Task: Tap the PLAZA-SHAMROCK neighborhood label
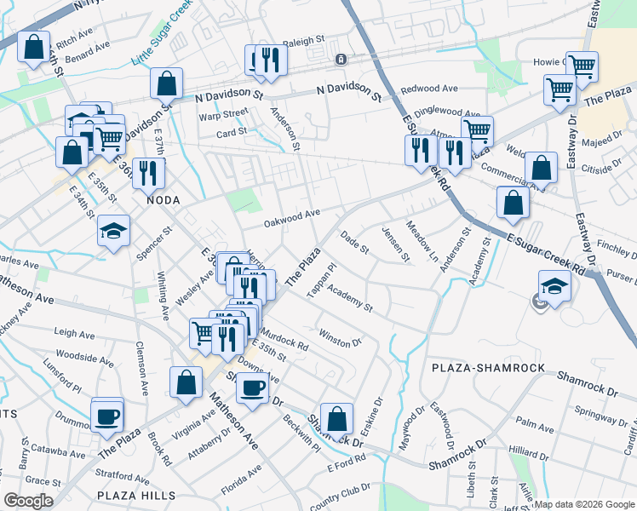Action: [487, 367]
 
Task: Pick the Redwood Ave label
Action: [429, 89]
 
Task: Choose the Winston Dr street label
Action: [340, 338]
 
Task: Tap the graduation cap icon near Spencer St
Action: [113, 231]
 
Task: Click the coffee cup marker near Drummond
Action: [107, 416]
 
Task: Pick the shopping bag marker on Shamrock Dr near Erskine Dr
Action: [337, 417]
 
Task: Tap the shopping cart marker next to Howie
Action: [582, 66]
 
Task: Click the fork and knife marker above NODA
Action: [149, 173]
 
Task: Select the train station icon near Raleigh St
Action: [341, 60]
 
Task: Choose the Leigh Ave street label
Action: [74, 334]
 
